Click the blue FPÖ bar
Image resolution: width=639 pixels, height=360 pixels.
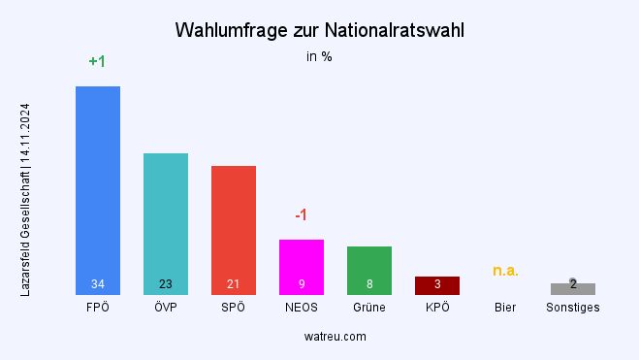coord(98,184)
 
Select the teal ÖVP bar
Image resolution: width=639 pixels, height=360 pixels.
coord(166,218)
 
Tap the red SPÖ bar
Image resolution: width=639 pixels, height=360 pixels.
coord(234,225)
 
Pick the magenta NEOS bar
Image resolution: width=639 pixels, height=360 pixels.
coord(302,262)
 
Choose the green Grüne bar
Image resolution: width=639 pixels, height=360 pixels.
coord(369,266)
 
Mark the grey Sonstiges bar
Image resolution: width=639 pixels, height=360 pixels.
coord(573,289)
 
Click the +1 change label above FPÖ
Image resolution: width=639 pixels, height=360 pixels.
coord(97,62)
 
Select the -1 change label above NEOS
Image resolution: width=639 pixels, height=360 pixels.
coord(301,214)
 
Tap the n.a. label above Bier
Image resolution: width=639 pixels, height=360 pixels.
coord(505,271)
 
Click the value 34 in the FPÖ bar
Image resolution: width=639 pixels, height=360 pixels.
coord(98,284)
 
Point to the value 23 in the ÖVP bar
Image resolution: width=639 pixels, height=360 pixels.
coord(166,284)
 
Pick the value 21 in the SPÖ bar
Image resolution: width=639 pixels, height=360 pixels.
coord(234,284)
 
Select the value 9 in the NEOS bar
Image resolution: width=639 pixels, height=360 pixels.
coord(302,284)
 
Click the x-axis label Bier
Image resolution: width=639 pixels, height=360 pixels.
coord(505,308)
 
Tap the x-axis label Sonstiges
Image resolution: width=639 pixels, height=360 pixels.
coord(573,308)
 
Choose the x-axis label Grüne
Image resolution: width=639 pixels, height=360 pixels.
coord(369,308)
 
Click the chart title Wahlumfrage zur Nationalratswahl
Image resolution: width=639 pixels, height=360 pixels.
coord(319,31)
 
